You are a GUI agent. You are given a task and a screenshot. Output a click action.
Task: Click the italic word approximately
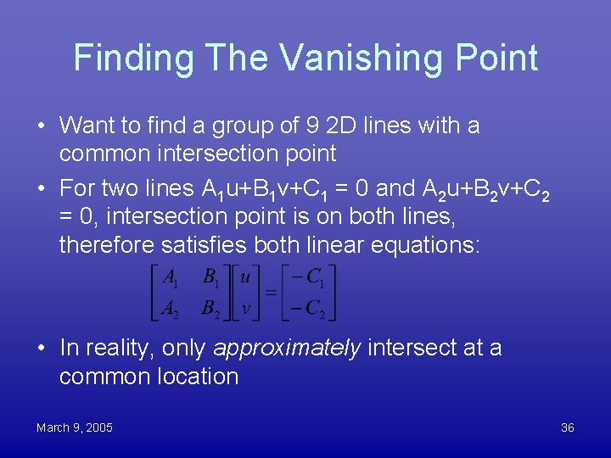287,348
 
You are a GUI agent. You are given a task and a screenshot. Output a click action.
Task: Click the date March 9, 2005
75,427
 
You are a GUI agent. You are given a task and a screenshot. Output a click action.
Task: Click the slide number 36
568,427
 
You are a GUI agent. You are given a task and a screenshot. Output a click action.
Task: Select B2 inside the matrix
210,308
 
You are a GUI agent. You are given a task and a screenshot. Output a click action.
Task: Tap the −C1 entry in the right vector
308,277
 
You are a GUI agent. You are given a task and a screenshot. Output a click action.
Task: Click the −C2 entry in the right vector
308,308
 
